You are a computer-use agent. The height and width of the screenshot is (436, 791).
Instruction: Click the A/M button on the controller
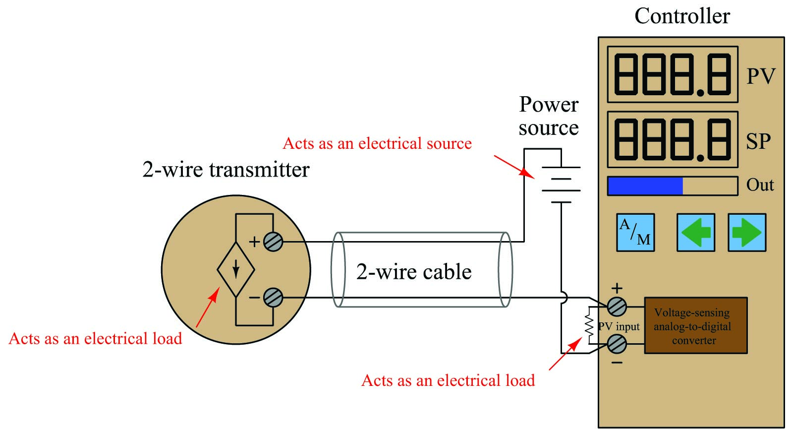635,233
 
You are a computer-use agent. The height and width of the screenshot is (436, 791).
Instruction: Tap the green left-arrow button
696,233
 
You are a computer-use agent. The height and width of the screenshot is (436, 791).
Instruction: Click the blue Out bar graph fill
645,186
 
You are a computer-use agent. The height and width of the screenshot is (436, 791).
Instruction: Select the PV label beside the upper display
761,76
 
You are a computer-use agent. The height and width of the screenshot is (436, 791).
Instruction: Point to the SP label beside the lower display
758,141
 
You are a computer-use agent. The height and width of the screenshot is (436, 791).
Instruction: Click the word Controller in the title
682,16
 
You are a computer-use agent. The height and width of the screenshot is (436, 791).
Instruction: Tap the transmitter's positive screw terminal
273,242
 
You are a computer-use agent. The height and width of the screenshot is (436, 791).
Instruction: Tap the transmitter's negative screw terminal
273,298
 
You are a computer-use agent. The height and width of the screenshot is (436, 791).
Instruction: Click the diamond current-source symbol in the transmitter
236,269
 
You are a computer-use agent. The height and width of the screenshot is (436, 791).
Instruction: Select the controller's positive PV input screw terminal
617,307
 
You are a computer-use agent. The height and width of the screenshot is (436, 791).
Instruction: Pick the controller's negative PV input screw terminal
617,344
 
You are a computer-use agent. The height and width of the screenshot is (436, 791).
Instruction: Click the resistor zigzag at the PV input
589,325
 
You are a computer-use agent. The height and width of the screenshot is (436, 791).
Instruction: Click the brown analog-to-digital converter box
696,325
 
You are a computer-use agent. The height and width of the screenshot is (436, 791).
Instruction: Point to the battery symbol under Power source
561,185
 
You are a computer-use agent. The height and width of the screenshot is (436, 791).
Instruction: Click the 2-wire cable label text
414,272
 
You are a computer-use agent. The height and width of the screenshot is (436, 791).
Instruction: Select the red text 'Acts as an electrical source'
377,143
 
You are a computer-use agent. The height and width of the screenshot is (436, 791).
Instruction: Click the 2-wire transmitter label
226,170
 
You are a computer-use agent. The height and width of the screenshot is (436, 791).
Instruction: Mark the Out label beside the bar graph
760,185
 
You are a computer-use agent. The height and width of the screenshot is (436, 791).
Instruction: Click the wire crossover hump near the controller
565,298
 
